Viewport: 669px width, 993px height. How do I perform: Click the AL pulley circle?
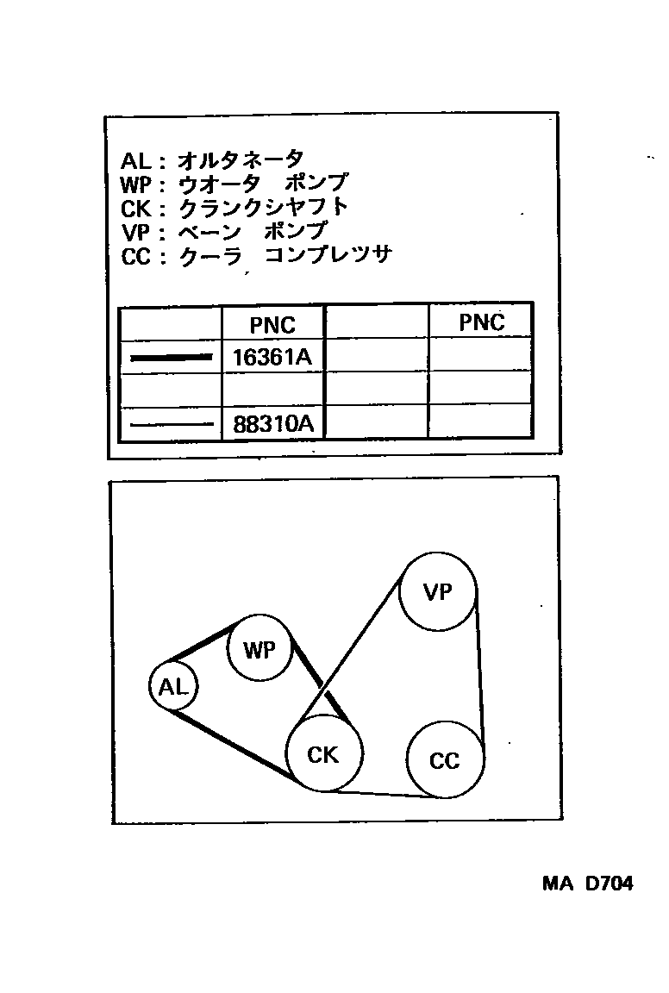(x=173, y=687)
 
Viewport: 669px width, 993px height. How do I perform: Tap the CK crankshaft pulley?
(x=323, y=753)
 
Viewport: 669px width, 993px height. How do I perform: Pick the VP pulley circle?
(x=438, y=592)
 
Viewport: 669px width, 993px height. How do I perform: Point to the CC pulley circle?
(x=445, y=760)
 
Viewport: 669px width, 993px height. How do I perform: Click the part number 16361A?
(x=272, y=356)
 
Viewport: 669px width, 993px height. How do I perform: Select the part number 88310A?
(x=272, y=424)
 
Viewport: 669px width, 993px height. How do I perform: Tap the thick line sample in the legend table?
(x=171, y=357)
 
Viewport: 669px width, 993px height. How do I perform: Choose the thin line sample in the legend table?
(x=171, y=424)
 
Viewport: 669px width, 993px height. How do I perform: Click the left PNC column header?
(x=272, y=324)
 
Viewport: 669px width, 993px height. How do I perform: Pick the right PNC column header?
(x=481, y=322)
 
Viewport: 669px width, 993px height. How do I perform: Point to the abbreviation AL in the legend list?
(x=136, y=160)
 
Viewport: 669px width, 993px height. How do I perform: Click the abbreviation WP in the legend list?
(x=138, y=184)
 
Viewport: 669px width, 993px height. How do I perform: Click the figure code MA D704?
(x=587, y=884)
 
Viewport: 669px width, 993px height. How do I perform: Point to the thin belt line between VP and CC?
(x=480, y=672)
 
